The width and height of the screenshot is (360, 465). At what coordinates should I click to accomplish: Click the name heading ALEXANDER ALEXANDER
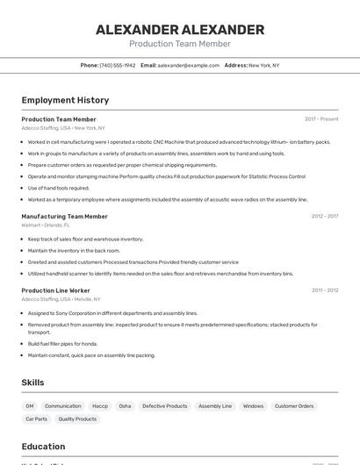[179, 30]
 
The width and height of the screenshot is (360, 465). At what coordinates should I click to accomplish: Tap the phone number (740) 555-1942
[118, 65]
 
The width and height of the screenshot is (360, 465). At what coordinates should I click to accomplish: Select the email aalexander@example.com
[189, 65]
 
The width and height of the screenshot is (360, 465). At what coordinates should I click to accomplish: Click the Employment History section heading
[65, 100]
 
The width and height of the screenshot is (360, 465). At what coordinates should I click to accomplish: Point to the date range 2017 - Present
[321, 119]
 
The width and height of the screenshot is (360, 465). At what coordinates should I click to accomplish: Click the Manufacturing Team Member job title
[64, 216]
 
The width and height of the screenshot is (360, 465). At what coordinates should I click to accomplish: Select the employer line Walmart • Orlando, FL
[46, 225]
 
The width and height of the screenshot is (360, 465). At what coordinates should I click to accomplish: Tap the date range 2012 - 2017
[324, 216]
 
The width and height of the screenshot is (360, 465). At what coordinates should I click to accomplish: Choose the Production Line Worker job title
[55, 290]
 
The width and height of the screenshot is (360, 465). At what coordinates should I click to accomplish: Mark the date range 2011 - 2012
[324, 290]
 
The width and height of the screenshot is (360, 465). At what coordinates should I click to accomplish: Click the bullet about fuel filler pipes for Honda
[62, 344]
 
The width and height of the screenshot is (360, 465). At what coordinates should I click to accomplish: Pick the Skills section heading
[32, 383]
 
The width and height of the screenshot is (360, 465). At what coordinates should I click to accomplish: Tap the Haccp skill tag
[100, 406]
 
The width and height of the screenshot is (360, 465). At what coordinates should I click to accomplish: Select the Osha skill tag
[125, 406]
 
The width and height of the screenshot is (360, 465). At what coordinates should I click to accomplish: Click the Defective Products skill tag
[165, 406]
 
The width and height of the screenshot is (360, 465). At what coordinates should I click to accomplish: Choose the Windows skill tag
[253, 406]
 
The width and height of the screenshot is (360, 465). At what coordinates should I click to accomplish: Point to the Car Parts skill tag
[36, 419]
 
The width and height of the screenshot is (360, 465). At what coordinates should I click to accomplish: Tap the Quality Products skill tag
[77, 419]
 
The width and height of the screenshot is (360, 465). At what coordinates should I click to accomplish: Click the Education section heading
[43, 446]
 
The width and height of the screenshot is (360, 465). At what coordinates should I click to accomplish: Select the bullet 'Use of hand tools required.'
[59, 188]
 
